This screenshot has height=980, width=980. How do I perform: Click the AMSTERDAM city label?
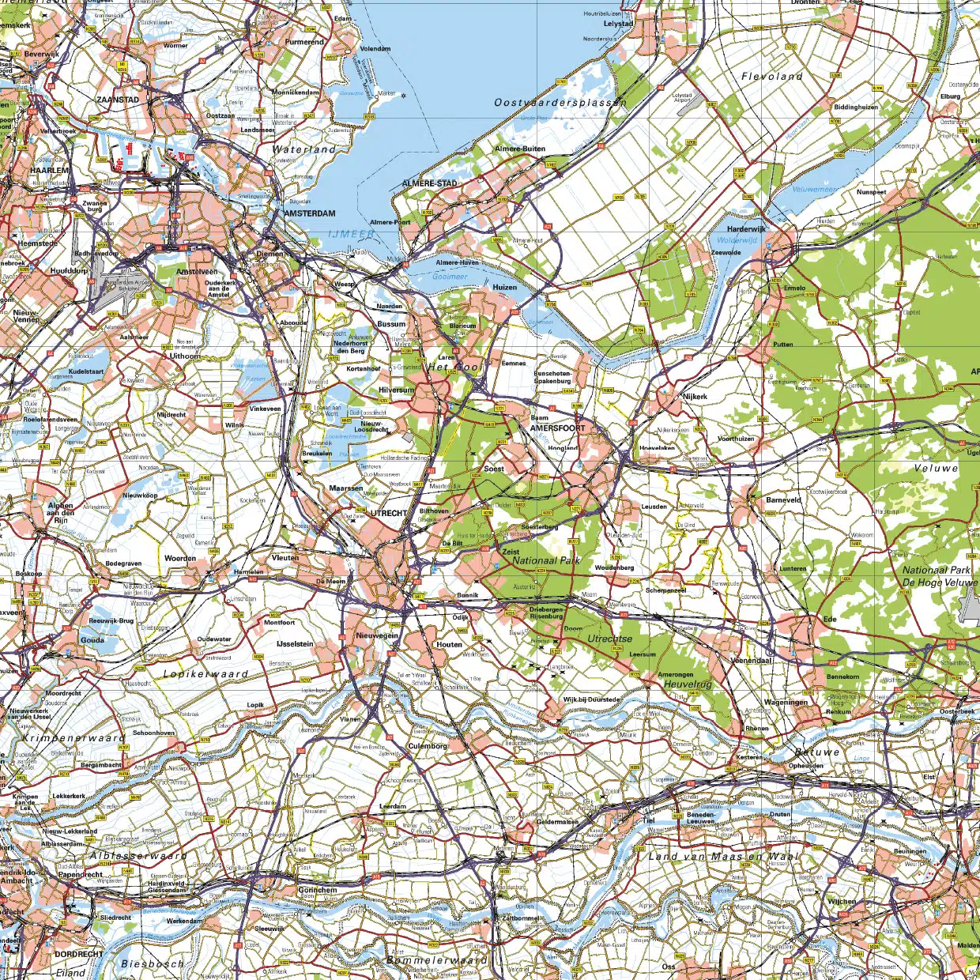point(310,213)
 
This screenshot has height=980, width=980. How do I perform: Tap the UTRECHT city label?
point(390,513)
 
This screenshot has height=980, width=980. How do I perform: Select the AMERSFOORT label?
point(558,428)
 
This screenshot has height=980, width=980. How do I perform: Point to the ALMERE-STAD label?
point(430,183)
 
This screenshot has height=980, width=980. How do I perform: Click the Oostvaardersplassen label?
point(560,103)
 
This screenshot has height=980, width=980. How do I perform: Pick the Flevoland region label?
point(771,77)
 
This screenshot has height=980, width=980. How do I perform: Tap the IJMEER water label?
point(352,235)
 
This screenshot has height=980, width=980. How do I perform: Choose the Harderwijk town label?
point(746,229)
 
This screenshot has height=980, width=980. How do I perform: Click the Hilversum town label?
point(396,390)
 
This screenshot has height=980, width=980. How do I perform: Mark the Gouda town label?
point(92,640)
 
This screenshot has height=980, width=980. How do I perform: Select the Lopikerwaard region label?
point(205,674)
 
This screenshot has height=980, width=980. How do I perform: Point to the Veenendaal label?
point(751,660)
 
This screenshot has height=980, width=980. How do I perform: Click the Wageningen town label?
point(786,702)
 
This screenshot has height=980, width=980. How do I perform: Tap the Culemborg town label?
point(428,745)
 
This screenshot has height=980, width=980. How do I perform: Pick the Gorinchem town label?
point(318,890)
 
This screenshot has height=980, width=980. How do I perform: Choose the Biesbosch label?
point(153,963)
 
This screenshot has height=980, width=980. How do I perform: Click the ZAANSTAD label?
point(118,100)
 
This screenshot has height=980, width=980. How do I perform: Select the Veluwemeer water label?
point(814,190)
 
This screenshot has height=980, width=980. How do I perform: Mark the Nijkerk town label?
point(695,397)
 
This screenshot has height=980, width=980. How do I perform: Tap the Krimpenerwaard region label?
point(73,737)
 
